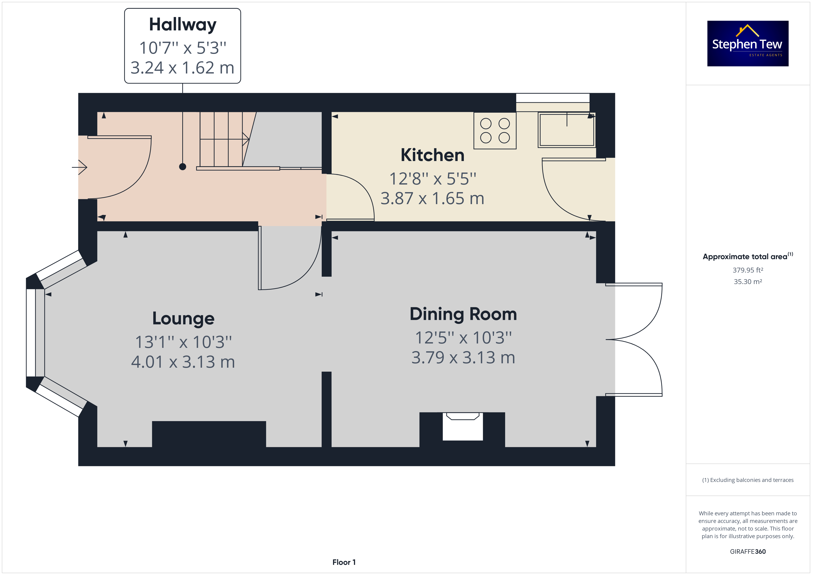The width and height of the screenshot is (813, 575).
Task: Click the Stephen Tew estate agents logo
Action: pyautogui.click(x=748, y=44)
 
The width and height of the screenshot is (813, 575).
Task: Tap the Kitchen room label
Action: pyautogui.click(x=432, y=155)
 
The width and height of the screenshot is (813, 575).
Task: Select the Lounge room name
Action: pyautogui.click(x=183, y=319)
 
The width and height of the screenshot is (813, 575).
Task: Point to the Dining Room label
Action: pyautogui.click(x=463, y=314)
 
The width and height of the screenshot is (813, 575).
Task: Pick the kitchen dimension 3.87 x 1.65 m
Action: pyautogui.click(x=432, y=199)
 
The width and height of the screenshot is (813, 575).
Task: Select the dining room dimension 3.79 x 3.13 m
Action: pyautogui.click(x=463, y=358)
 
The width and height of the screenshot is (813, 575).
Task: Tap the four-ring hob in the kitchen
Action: pyautogui.click(x=495, y=131)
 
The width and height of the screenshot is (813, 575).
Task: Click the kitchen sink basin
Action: pyautogui.click(x=567, y=130)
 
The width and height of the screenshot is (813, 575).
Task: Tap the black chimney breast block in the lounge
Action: pyautogui.click(x=209, y=434)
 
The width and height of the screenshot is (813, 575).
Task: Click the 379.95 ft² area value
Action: pyautogui.click(x=748, y=270)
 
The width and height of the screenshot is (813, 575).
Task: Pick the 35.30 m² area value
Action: pyautogui.click(x=748, y=282)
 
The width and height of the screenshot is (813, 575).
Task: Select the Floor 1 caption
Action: pyautogui.click(x=344, y=562)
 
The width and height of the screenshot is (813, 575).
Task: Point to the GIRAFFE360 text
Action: pyautogui.click(x=748, y=552)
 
